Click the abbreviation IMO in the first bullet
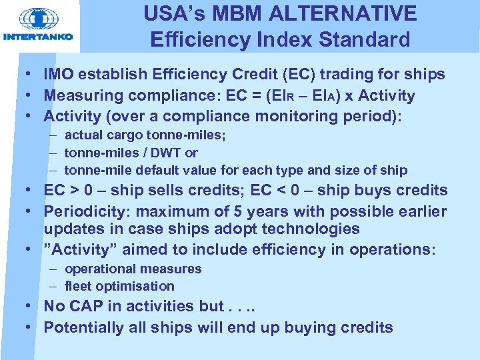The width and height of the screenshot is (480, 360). point(60,75)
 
